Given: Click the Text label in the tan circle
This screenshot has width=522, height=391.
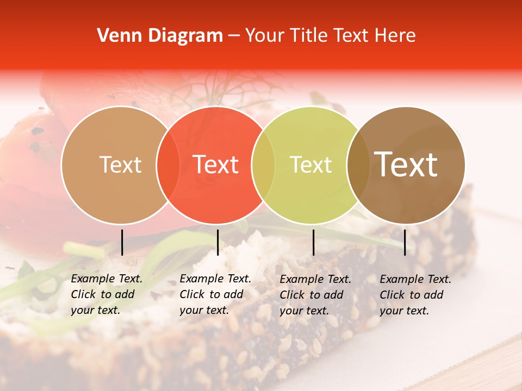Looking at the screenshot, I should tap(120, 165).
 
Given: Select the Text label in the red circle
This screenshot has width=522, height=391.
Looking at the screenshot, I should tap(216, 165).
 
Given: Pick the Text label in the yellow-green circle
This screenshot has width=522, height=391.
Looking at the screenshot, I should tap(311, 165).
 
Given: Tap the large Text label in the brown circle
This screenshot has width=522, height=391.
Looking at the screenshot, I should tap(406, 165).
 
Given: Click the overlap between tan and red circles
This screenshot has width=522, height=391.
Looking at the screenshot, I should tap(168, 165).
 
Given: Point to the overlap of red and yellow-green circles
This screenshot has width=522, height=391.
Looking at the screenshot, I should tap(263, 165).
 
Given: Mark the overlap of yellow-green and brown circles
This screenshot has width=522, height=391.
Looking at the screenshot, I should tap(358, 165).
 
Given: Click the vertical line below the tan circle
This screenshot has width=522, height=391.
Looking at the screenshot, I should tap(122, 242).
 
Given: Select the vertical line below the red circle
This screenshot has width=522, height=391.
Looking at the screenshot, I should tap(217, 242).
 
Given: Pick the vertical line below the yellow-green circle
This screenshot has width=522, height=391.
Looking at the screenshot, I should tap(313, 242).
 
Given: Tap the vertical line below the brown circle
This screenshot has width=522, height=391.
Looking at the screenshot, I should tap(405, 242).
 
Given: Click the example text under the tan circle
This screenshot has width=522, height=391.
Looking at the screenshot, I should tap(107, 295).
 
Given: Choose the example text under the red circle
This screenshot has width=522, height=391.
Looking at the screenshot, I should tap(215, 295).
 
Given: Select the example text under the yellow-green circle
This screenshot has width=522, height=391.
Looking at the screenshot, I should tap(315, 295).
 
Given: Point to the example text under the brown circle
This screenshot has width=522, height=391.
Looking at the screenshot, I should tap(415, 295).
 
